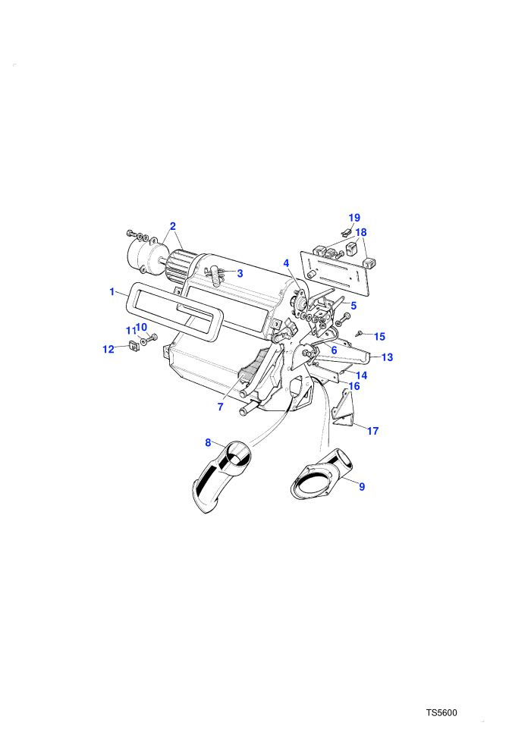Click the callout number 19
tap(354, 218)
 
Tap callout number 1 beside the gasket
tap(112, 291)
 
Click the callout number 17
tap(373, 431)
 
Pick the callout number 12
tap(108, 349)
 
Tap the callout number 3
tap(240, 274)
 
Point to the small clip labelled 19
tap(345, 232)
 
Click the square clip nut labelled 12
tap(133, 344)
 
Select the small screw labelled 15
tap(359, 332)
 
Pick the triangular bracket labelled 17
tap(344, 409)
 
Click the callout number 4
tap(286, 263)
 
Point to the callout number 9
tap(362, 486)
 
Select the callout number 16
tap(353, 386)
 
